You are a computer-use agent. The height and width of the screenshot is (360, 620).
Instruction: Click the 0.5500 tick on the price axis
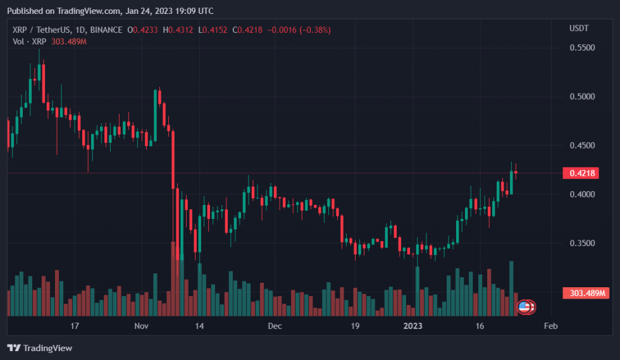[582, 48]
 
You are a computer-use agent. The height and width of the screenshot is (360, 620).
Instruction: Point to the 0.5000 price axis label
[582, 97]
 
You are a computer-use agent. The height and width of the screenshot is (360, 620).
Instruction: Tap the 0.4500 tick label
[582, 146]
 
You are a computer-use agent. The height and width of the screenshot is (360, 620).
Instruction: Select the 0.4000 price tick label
[582, 194]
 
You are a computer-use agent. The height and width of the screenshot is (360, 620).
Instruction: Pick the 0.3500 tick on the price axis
[582, 243]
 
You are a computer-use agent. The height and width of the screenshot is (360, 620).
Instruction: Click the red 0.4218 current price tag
[581, 173]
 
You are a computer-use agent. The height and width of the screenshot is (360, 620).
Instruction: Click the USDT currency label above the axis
[579, 28]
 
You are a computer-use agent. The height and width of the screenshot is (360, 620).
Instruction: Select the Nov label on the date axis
[141, 326]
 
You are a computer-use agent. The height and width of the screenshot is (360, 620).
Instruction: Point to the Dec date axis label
[275, 326]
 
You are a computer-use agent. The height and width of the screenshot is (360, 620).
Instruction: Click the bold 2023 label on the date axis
[412, 326]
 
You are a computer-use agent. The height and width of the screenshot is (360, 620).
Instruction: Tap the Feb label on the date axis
[550, 326]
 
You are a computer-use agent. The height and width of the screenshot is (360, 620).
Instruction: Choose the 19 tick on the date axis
[355, 326]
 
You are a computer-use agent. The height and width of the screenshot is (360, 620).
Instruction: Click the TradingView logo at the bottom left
[39, 348]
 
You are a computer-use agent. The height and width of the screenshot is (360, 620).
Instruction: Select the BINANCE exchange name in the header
[106, 30]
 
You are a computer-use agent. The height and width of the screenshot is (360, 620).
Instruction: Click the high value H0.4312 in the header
[179, 30]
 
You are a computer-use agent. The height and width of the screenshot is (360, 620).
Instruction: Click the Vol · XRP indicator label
[29, 41]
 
